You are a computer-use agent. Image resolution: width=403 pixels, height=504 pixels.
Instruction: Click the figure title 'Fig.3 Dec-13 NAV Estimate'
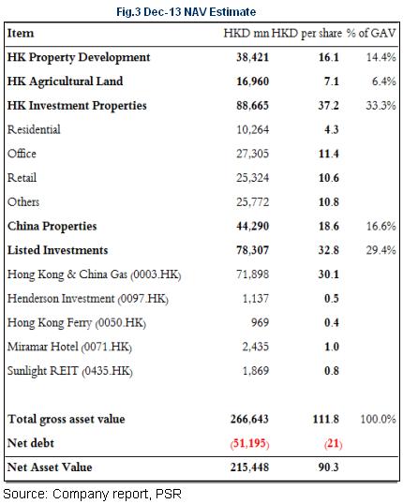point(186,12)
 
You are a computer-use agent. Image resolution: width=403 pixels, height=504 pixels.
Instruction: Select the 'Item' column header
point(21,33)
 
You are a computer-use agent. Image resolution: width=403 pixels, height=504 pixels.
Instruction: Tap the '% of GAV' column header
point(371,33)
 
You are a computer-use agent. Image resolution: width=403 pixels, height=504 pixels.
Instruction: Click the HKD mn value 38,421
point(252,57)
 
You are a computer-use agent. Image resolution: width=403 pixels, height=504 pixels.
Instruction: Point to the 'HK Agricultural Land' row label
point(65,82)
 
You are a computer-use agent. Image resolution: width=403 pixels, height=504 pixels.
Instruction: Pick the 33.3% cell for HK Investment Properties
point(381,106)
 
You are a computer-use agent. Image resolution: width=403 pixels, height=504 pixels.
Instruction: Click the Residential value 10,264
point(252,129)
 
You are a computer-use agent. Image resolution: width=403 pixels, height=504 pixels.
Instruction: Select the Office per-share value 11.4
point(329,154)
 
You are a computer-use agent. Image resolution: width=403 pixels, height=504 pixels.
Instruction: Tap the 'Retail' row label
point(22,178)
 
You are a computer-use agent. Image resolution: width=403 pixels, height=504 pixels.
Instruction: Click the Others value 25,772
point(252,201)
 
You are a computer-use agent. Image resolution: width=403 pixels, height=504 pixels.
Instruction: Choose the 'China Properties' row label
point(52,226)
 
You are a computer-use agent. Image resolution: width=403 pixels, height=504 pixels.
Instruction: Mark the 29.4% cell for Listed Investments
point(381,250)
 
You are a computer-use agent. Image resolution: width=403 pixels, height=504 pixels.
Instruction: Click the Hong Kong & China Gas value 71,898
point(252,274)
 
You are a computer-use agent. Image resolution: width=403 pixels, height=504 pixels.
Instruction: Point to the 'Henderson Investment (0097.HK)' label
point(88,299)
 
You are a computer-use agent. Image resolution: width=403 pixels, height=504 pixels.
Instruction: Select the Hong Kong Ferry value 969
point(260,322)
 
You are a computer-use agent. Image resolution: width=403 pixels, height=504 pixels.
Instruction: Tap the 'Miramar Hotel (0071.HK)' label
point(69,347)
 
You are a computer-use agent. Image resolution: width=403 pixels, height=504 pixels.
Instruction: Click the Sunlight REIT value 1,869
point(255,371)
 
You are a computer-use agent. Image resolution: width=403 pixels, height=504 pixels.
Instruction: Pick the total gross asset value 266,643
point(249,419)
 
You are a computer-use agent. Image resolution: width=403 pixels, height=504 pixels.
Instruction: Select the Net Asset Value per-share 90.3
point(329,467)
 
